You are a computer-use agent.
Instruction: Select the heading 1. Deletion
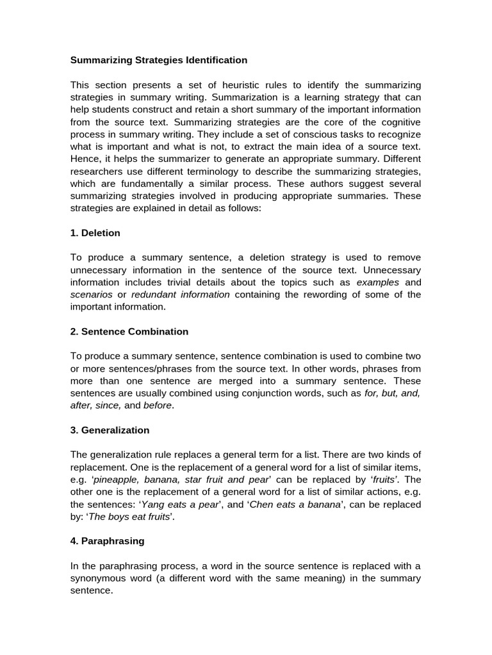(x=95, y=233)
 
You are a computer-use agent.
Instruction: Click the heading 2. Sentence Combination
(x=129, y=331)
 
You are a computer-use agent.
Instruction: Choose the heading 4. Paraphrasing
(x=107, y=541)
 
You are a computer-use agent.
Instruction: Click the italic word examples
(x=377, y=282)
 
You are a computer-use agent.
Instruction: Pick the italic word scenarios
(x=91, y=294)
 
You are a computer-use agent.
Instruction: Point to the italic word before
(x=158, y=405)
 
